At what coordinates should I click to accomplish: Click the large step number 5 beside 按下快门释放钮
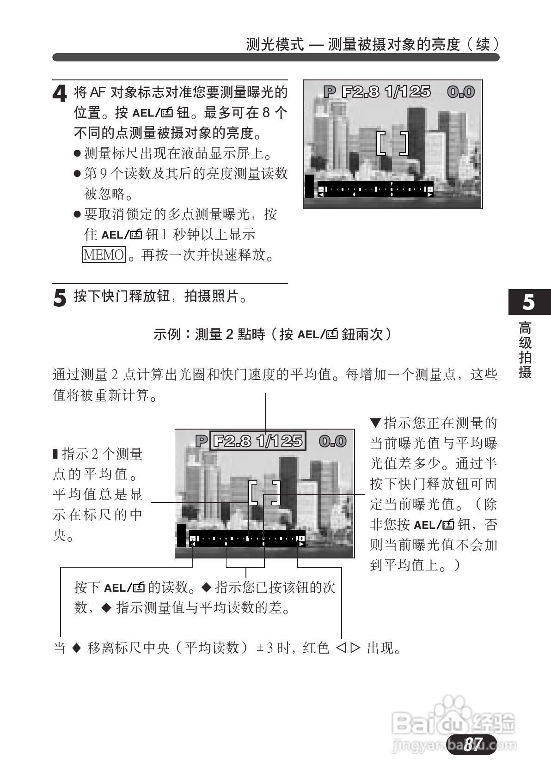click(x=60, y=298)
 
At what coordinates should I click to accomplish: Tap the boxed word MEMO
click(x=104, y=255)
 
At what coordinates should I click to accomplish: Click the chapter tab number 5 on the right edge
click(x=528, y=302)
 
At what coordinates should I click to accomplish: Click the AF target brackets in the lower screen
click(x=264, y=493)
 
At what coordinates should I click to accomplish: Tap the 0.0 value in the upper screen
click(x=460, y=92)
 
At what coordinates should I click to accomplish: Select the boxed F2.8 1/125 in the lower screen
click(x=257, y=441)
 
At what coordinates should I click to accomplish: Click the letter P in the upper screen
click(x=329, y=92)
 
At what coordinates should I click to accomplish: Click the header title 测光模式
click(x=275, y=44)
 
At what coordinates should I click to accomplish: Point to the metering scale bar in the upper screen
click(x=375, y=190)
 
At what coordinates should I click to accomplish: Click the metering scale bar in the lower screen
click(x=247, y=539)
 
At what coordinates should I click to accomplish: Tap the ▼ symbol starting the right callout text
click(x=375, y=422)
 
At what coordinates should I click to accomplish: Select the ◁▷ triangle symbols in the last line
click(x=348, y=649)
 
